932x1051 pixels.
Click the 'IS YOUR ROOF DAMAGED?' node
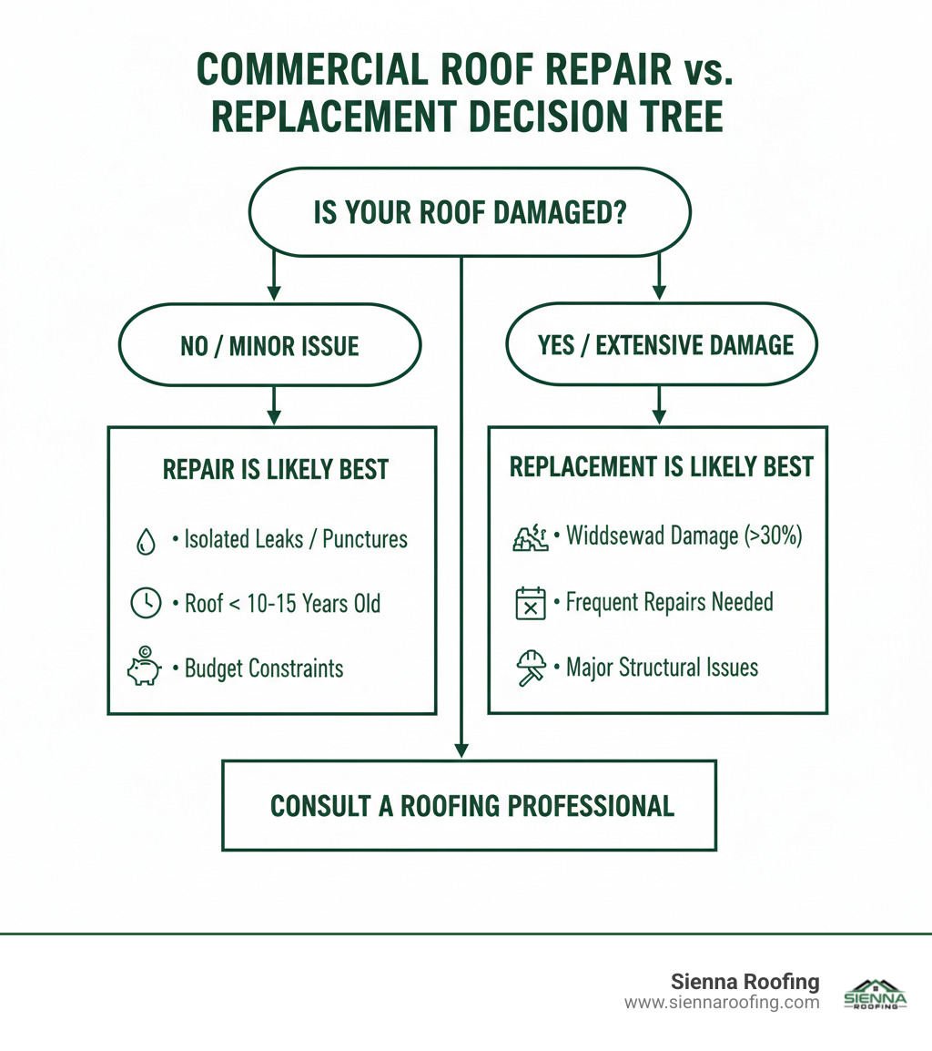469,212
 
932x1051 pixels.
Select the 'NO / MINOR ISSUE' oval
269,345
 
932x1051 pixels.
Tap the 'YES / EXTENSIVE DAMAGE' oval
661,344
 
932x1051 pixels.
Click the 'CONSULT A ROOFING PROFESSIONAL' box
470,805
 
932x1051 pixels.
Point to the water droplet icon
146,541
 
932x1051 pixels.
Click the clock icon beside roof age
146,603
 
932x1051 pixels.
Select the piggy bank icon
144,665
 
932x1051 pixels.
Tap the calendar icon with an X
530,603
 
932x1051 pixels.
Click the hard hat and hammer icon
530,668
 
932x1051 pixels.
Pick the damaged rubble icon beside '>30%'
530,537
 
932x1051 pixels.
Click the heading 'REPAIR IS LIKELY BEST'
276,470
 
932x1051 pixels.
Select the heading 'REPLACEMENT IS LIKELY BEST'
661,467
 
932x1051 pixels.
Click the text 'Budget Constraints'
264,668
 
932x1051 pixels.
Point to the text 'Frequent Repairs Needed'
669,602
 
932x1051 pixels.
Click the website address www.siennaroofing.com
722,1003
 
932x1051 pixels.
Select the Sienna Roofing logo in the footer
876,995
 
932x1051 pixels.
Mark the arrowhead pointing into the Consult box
462,750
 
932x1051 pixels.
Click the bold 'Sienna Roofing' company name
745,982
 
